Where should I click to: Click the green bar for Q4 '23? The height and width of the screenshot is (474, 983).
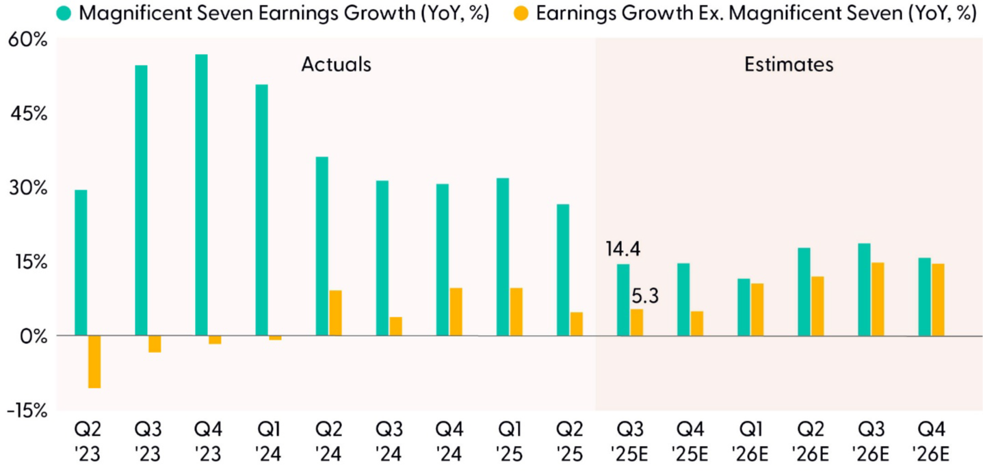coord(201,195)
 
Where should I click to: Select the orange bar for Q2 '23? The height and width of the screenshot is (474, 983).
coord(94,362)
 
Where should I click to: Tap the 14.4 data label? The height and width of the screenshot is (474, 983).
coord(622,248)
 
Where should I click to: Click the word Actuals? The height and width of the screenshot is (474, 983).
coord(336,65)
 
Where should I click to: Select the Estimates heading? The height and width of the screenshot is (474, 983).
coord(789,65)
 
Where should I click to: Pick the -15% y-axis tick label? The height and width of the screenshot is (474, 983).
coord(27,410)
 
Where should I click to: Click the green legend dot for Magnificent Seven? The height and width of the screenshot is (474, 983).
coord(66,14)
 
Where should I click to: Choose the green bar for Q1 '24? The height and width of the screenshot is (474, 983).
coord(261,210)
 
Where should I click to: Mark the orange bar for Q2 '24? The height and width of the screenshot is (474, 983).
coord(335,313)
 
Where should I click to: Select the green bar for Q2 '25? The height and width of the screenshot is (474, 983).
coord(562,270)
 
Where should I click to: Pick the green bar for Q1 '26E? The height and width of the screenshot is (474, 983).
coord(744,307)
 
